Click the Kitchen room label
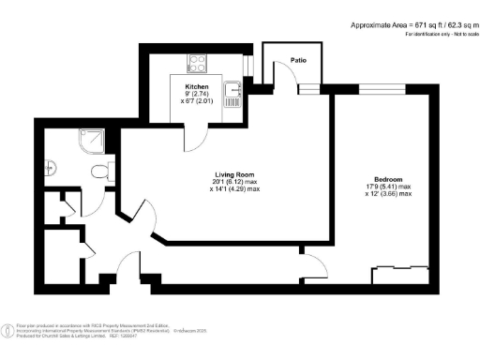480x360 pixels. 196,87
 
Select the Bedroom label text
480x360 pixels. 388,179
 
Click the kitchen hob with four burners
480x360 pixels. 199,64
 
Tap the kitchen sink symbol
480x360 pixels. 233,91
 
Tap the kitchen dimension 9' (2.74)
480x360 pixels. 196,96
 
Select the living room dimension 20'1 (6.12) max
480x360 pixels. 235,182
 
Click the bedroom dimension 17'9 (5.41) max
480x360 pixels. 388,187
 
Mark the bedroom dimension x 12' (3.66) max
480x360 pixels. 388,195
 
